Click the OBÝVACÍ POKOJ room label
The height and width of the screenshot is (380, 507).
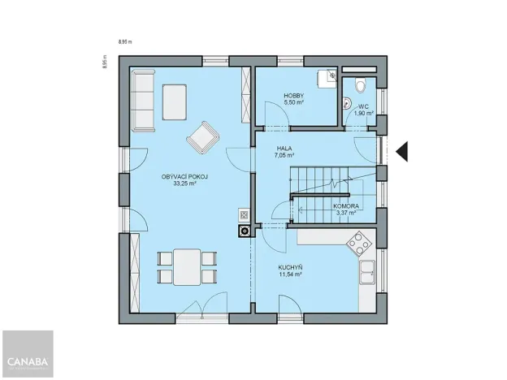(x=184, y=176)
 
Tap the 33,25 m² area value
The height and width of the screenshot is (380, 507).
(x=184, y=184)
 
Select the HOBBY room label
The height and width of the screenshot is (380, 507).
(x=293, y=96)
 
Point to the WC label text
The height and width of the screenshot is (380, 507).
(x=363, y=106)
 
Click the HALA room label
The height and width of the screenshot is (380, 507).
(x=284, y=148)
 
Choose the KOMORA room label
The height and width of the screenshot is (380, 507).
(x=347, y=206)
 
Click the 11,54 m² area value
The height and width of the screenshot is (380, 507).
(x=289, y=274)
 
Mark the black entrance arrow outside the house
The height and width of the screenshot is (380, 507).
(x=403, y=152)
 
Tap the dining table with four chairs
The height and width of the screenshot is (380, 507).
(x=187, y=266)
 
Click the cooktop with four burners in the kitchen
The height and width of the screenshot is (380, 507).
(x=358, y=241)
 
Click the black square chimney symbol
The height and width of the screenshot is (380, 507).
(x=243, y=231)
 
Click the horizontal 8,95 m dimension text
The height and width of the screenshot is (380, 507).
(x=124, y=40)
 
